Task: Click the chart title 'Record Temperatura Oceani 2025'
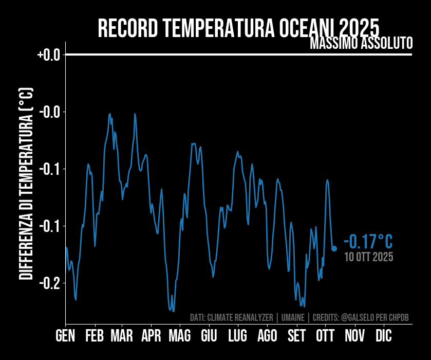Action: [x=238, y=28]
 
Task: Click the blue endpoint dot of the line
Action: [x=334, y=248]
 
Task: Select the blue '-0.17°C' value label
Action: [x=368, y=241]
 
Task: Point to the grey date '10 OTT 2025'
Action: [x=369, y=257]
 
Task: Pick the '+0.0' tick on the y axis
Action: [x=49, y=55]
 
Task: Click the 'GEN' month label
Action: [x=65, y=336]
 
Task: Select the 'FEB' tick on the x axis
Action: [x=95, y=336]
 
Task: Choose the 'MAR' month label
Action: [x=122, y=336]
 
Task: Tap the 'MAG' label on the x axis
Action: [x=180, y=336]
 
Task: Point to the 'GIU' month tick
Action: [x=209, y=336]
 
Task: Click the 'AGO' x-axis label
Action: [x=267, y=336]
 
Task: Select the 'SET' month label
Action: [x=296, y=336]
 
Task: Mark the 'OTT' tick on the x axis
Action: [x=325, y=336]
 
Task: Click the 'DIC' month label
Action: [x=383, y=336]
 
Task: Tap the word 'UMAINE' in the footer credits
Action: [x=292, y=317]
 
